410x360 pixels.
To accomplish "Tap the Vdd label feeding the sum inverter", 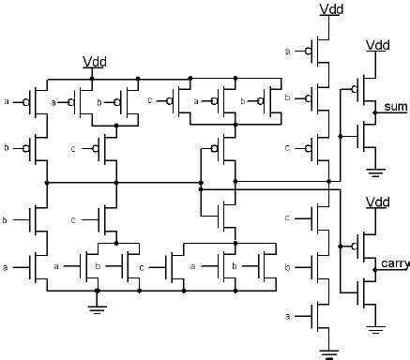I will (x=377, y=45).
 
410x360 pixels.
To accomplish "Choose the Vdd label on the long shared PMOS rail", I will (x=93, y=62).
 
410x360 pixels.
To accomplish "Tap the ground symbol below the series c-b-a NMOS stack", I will (x=329, y=352).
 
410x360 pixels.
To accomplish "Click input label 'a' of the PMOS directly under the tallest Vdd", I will (x=287, y=52).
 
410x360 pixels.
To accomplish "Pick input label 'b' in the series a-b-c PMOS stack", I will (x=287, y=97).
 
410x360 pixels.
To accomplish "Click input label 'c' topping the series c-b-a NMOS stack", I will (x=287, y=218).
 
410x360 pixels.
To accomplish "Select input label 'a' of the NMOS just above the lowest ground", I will (x=287, y=318).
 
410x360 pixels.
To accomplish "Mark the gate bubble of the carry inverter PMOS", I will (x=356, y=248).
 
